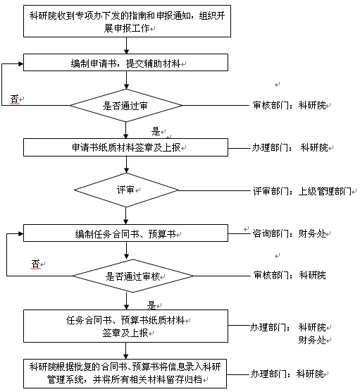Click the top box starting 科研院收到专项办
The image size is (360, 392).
127,21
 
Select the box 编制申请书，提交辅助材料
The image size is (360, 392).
125,63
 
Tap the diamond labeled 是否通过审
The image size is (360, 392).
125,106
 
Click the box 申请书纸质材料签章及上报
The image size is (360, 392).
125,147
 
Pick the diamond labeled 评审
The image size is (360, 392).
126,190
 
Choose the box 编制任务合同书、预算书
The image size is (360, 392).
125,233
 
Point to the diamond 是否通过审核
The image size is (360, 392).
133,276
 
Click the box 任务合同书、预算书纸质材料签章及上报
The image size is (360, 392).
125,326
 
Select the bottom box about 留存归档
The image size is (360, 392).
125,374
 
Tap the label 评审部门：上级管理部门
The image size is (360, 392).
302,191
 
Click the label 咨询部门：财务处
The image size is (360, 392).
290,233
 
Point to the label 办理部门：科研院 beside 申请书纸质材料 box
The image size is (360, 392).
290,147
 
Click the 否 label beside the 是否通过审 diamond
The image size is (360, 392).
15,99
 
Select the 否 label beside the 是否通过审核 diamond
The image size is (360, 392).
35,264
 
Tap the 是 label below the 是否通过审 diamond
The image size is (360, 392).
156,131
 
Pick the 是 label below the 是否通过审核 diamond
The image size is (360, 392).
152,305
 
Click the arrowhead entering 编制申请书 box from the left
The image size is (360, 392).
21,63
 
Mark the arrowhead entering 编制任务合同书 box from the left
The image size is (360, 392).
21,234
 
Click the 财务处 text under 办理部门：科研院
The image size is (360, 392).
312,340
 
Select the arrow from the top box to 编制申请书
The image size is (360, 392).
126,46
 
